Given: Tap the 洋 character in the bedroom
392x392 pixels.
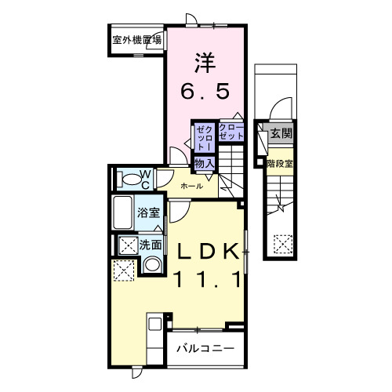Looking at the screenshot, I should coord(206,60).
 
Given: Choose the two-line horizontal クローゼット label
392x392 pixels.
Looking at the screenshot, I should coord(230,132).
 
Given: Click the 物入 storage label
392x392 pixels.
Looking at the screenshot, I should coord(205,162).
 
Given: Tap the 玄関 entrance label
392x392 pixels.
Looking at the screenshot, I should coord(281,134).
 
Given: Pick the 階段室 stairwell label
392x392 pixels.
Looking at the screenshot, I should coord(280,164).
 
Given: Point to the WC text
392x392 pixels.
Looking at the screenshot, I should coord(146,179).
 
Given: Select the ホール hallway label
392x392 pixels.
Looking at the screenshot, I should coord(192,187).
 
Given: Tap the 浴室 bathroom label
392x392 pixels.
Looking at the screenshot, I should coord(150,212).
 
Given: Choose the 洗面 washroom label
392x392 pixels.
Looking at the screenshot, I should coord(151,245).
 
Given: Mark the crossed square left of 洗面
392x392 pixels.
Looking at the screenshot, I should coord(125,245).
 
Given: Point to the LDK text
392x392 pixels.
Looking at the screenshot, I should coord(206,252).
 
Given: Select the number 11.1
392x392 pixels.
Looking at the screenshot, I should coord(206,279).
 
